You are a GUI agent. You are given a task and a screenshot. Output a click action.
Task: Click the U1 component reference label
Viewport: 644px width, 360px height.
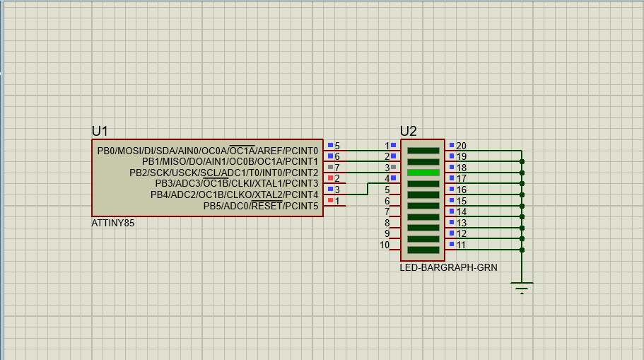pos(100,131)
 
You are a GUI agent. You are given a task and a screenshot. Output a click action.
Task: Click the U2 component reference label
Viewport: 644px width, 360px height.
pos(408,131)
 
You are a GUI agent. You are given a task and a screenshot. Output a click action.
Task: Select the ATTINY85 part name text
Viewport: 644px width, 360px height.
pos(113,223)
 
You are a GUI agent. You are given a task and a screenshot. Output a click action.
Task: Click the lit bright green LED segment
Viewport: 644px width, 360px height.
pos(423,173)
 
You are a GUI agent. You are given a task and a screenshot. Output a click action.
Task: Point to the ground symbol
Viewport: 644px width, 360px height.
pos(522,286)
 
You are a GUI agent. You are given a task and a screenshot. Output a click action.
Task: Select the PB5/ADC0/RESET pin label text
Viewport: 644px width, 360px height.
pos(260,206)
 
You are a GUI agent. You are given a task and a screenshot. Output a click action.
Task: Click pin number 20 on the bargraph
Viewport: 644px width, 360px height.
pos(461,146)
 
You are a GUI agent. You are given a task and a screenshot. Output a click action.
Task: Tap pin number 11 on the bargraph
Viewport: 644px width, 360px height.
pos(461,245)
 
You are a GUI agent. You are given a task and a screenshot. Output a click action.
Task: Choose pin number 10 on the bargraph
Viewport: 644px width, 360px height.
pos(385,245)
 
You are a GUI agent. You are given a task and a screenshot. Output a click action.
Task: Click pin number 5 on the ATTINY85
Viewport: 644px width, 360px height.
pos(337,146)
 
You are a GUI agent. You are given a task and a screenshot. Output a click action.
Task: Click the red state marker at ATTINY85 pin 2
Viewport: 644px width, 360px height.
pos(330,177)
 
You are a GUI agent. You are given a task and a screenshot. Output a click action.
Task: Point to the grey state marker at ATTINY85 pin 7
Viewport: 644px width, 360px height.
pos(330,166)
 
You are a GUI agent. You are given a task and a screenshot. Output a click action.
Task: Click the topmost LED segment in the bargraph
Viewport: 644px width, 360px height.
pos(423,151)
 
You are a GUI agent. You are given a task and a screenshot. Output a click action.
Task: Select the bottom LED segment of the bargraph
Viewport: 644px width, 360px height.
pos(423,250)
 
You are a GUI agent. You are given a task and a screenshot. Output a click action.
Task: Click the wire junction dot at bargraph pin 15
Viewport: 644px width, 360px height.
pos(522,206)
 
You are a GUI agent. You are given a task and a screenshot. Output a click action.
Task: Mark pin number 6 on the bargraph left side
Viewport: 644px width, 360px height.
pos(387,201)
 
